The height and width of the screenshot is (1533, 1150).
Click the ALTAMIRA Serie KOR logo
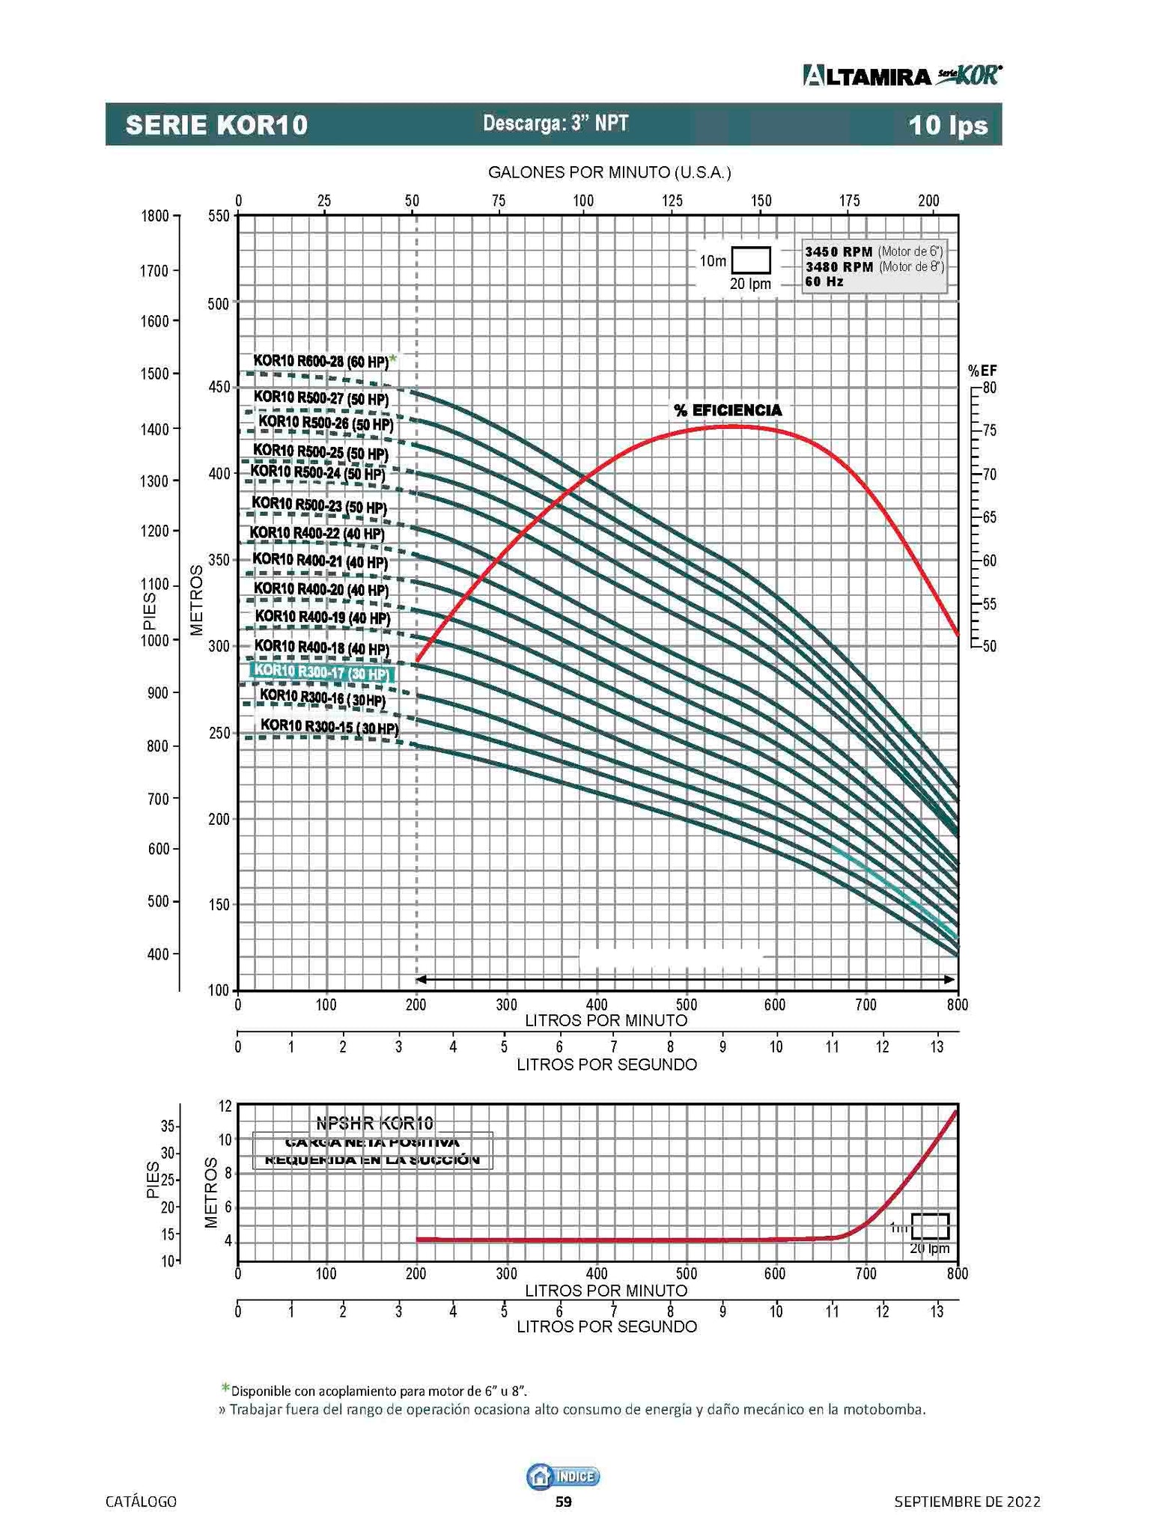[x=902, y=76]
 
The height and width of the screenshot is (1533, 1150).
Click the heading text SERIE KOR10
[x=216, y=125]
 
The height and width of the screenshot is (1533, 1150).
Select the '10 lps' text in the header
[x=948, y=125]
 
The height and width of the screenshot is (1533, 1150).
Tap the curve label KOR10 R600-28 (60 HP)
[x=320, y=361]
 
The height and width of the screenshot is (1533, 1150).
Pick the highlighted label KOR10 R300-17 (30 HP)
[x=321, y=672]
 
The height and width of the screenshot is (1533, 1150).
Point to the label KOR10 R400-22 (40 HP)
[x=317, y=533]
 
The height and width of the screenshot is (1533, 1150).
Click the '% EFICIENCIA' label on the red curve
[x=727, y=410]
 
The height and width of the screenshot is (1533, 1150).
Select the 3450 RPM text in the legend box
[x=839, y=252]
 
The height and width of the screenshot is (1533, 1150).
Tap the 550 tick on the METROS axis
[x=218, y=216]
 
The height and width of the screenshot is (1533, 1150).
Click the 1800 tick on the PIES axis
[x=155, y=216]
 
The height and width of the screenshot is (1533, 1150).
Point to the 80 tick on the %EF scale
[x=989, y=388]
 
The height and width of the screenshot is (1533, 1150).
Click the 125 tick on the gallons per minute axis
[x=672, y=201]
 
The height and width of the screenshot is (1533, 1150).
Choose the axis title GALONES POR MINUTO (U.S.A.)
[x=609, y=173]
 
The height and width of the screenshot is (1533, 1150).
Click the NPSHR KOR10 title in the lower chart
[x=374, y=1123]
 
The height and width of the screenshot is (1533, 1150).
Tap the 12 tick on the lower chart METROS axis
[x=225, y=1105]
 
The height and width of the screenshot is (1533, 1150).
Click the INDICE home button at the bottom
[x=564, y=1476]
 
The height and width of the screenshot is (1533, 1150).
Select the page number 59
[x=563, y=1502]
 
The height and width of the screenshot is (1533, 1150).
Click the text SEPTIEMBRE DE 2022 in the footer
[x=967, y=1502]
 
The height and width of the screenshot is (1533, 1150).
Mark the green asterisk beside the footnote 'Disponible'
[x=225, y=1389]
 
